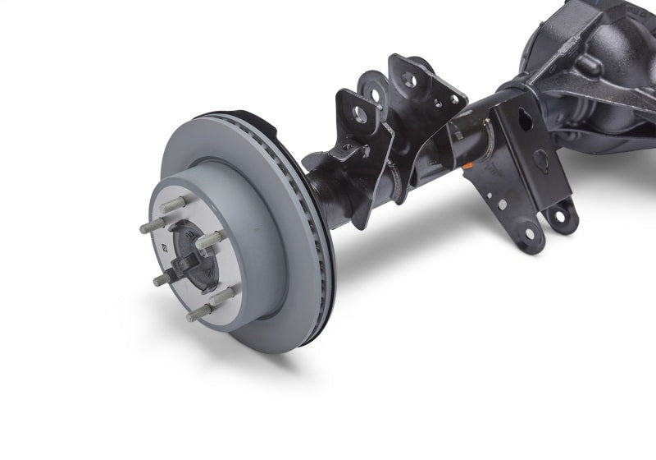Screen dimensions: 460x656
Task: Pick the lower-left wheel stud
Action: [x=161, y=280]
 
